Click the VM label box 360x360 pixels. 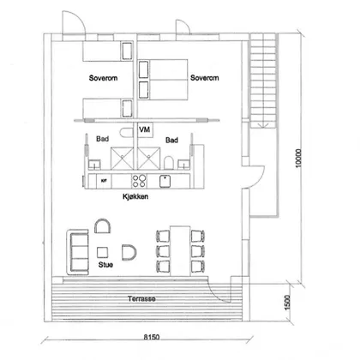coord(145,130)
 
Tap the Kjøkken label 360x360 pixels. coord(135,196)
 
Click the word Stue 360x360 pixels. coord(105,265)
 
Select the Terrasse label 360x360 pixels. coord(141,299)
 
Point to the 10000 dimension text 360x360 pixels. coord(298,158)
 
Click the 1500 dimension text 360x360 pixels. coord(287,303)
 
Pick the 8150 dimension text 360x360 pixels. coord(152,337)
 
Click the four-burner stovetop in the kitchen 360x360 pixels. coord(139,181)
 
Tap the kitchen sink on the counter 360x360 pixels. coord(165,181)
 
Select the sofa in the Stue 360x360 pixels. coord(77,251)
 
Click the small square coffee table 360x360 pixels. coord(102,252)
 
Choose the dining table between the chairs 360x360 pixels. coord(180,251)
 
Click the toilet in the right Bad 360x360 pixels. coord(169,162)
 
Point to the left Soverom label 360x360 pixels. coord(103,78)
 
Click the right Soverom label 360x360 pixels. coord(205,78)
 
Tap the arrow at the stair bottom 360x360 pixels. coord(262,125)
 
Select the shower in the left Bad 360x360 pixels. coord(122,158)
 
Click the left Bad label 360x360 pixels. coord(102,139)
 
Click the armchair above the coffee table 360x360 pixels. coord(103,225)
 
